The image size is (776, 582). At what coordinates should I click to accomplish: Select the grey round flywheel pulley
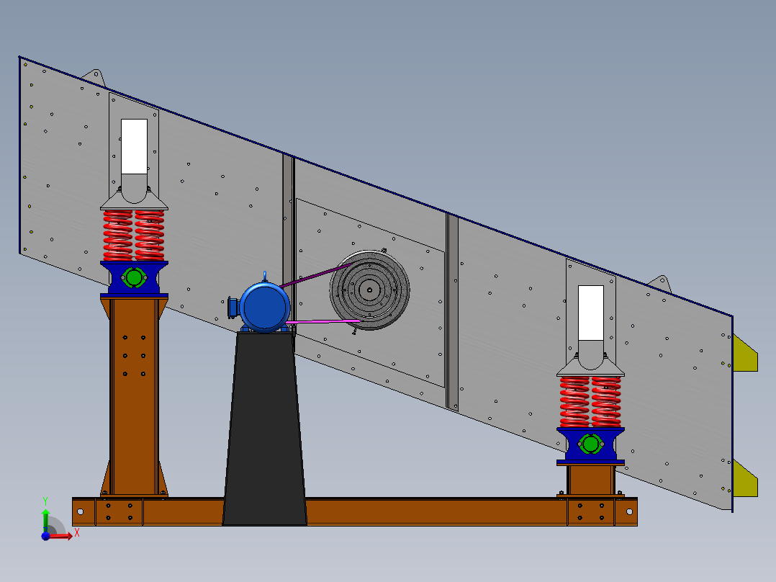[369, 290]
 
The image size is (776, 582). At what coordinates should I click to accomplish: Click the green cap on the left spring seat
[134, 277]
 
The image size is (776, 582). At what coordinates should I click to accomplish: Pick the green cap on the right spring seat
[590, 444]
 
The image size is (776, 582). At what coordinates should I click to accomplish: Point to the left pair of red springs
[134, 235]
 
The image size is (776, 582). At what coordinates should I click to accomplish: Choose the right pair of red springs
[590, 402]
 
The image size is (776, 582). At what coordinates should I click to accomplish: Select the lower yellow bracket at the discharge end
[745, 478]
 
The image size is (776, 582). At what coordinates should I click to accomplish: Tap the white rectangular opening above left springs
[134, 145]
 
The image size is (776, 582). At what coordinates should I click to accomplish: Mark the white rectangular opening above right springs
[591, 312]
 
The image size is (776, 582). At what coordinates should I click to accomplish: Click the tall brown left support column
[134, 396]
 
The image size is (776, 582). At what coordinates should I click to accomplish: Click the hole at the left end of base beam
[80, 511]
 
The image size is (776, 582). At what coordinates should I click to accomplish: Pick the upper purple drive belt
[317, 276]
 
